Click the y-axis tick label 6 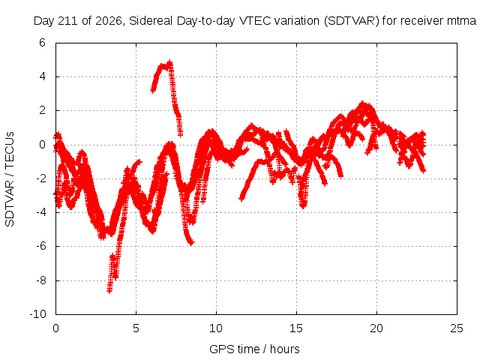pos(42,43)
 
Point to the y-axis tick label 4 pos(42,76)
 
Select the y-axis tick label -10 pos(37,314)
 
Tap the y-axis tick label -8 pos(40,280)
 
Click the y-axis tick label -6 pos(40,246)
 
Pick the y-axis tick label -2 pos(40,178)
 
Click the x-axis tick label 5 pos(136,328)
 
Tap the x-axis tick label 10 pos(216,328)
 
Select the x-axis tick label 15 pos(296,328)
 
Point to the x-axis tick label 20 pos(376,328)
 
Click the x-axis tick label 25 pos(457,328)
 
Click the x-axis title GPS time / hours pos(254,349)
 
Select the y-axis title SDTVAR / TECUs pos(10,179)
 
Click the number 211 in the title pos(70,21)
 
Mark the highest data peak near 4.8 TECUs pos(170,61)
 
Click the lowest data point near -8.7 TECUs pos(109,291)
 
